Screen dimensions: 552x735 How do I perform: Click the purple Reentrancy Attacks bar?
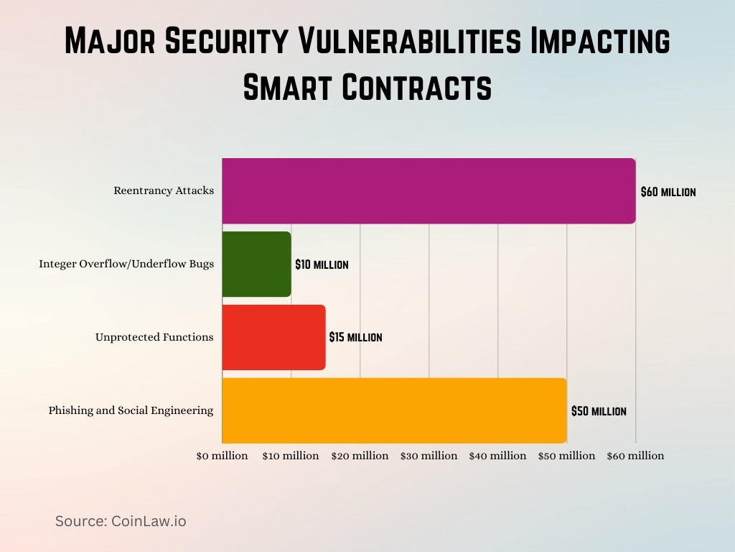[x=429, y=190]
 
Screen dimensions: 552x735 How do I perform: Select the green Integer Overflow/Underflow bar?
[x=256, y=264]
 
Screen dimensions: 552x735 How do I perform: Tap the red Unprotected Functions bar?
[x=273, y=337]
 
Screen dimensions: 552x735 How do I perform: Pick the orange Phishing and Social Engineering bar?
[x=394, y=410]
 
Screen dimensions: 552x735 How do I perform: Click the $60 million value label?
[x=668, y=192]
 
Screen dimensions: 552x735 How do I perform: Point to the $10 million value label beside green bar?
[x=322, y=264]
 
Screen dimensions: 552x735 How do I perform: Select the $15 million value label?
[x=355, y=337]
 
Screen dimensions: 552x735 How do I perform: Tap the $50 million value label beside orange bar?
[x=599, y=411]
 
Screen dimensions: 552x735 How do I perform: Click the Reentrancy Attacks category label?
[x=164, y=190]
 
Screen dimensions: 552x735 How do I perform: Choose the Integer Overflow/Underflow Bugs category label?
[x=126, y=264]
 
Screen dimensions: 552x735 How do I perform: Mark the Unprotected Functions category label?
[x=154, y=337]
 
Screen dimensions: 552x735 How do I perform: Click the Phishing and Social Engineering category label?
[x=131, y=410]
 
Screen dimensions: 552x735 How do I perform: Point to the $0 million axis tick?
[x=222, y=456]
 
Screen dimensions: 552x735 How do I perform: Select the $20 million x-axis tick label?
[x=360, y=456]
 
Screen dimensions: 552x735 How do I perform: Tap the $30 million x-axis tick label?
[x=429, y=456]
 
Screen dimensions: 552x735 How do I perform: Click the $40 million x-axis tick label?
[x=497, y=456]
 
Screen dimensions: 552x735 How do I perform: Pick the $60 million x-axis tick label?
[x=635, y=456]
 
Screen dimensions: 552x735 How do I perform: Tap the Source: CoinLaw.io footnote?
[x=121, y=521]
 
